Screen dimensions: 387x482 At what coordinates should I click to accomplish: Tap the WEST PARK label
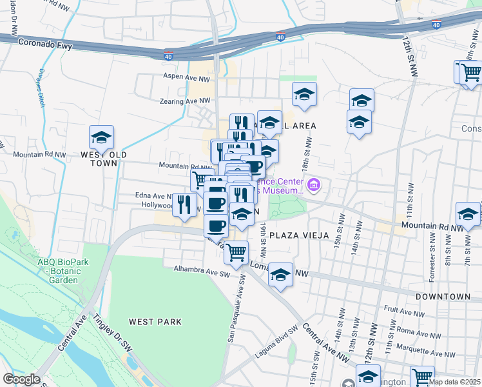[x=155, y=321]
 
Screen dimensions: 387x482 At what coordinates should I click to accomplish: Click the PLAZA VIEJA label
[x=298, y=235]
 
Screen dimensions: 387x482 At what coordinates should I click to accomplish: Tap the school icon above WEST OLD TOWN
[x=101, y=137]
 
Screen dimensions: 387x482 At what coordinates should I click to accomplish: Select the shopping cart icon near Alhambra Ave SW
[x=236, y=252]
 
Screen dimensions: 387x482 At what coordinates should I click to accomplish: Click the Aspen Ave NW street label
[x=187, y=77]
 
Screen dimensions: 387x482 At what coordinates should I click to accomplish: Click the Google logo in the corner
[x=21, y=379]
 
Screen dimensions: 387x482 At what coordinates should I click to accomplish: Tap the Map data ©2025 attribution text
[x=454, y=382]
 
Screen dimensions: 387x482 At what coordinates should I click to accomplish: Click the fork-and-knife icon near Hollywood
[x=185, y=204]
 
